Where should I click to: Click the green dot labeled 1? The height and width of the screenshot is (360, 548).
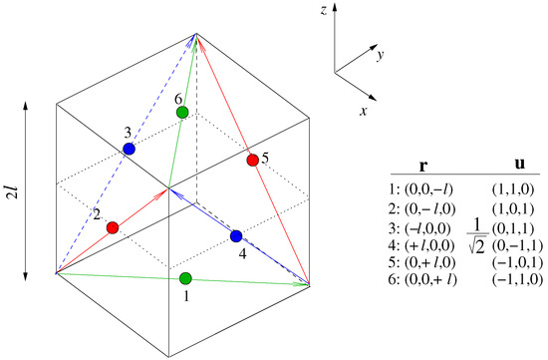pyautogui.click(x=185, y=277)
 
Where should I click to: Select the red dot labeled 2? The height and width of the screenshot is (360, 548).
pyautogui.click(x=112, y=227)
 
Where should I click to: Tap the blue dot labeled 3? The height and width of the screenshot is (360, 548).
pyautogui.click(x=129, y=149)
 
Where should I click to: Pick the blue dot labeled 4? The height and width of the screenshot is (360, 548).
pyautogui.click(x=236, y=236)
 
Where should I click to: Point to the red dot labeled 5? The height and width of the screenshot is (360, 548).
pyautogui.click(x=252, y=160)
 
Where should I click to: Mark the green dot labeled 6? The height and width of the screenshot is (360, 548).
pyautogui.click(x=182, y=113)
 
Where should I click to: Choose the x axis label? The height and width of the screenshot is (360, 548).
pyautogui.click(x=362, y=112)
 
